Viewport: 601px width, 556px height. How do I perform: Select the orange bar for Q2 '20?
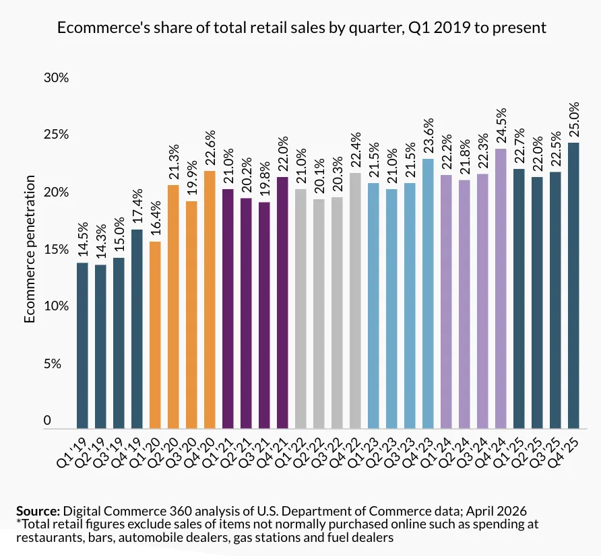tap(173, 307)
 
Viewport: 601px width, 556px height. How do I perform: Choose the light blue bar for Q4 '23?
tap(428, 293)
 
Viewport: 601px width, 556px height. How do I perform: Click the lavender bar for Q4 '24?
tap(501, 289)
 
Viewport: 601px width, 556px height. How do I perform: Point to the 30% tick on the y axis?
tap(57, 77)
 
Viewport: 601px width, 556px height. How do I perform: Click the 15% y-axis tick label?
tap(57, 249)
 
